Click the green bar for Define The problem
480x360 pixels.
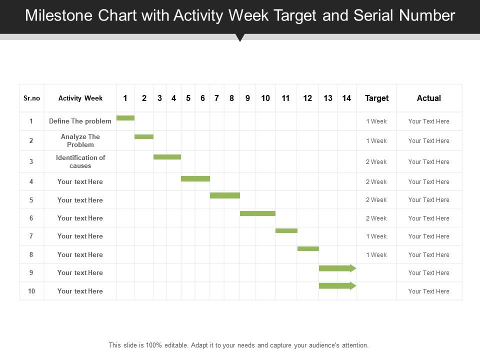(125, 118)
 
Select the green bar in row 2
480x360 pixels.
(144, 136)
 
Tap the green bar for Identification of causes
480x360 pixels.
(167, 157)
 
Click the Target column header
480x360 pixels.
(376, 98)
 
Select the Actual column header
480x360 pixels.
(429, 98)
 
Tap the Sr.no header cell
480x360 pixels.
(31, 98)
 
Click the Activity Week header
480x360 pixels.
(80, 98)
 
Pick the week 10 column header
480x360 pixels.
(265, 98)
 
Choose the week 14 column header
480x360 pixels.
(346, 98)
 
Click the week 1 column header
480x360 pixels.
(125, 98)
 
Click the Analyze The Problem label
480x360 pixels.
(80, 140)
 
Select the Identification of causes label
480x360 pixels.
(80, 161)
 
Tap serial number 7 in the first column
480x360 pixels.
(31, 236)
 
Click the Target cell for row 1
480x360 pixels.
(376, 121)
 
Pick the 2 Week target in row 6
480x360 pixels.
(376, 218)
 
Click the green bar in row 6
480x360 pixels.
(257, 213)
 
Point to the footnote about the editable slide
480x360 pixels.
(238, 345)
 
